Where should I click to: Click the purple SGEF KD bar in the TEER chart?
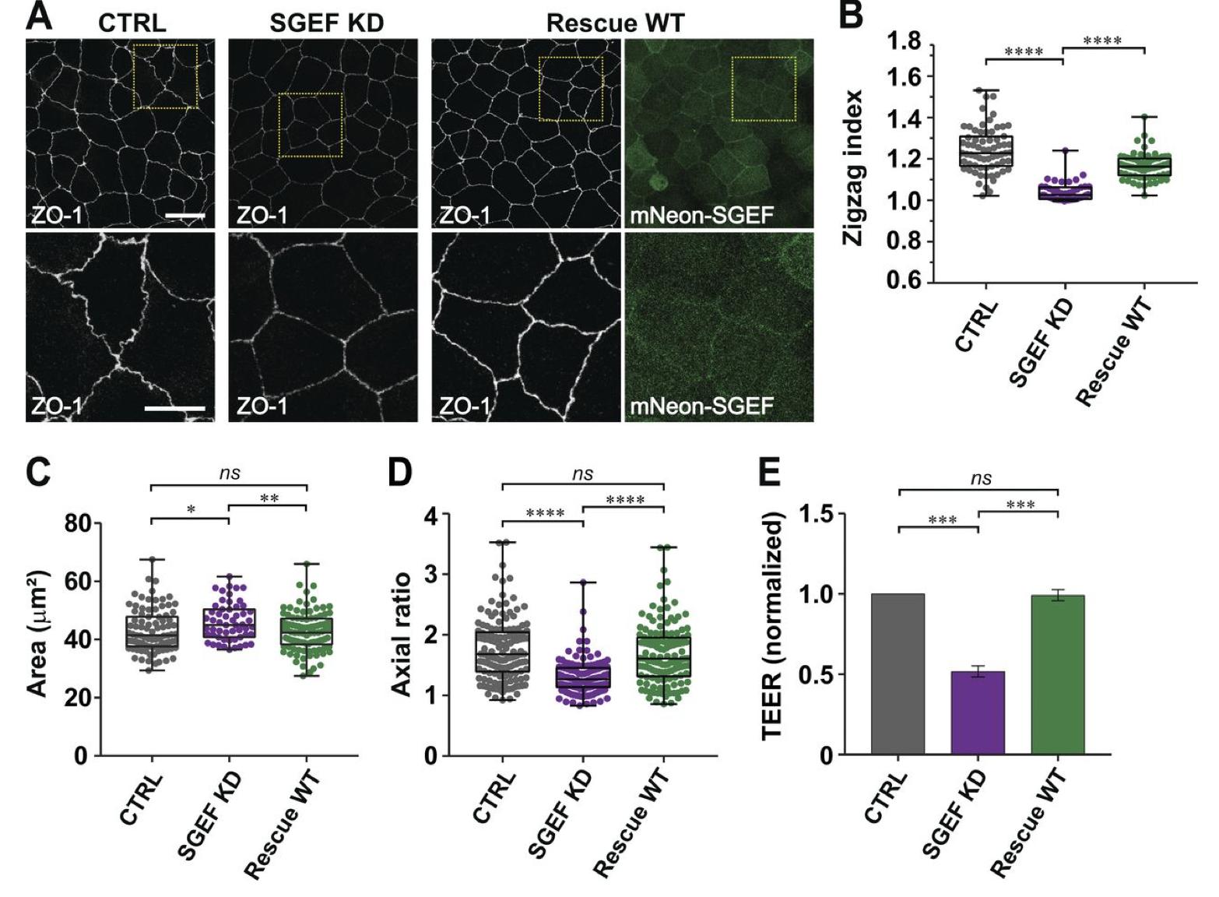[x=978, y=712]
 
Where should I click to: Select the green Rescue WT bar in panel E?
[x=1057, y=674]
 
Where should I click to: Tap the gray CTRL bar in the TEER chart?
[x=898, y=674]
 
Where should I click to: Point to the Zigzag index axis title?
[x=854, y=167]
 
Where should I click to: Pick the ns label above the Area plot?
[x=229, y=473]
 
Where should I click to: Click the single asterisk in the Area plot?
[x=190, y=510]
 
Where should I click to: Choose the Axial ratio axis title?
[x=401, y=635]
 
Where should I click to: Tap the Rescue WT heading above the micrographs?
[x=615, y=23]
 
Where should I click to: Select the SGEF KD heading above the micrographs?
[x=327, y=23]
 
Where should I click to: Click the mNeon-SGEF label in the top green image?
[x=701, y=215]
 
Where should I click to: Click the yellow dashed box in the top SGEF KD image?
[x=311, y=125]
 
